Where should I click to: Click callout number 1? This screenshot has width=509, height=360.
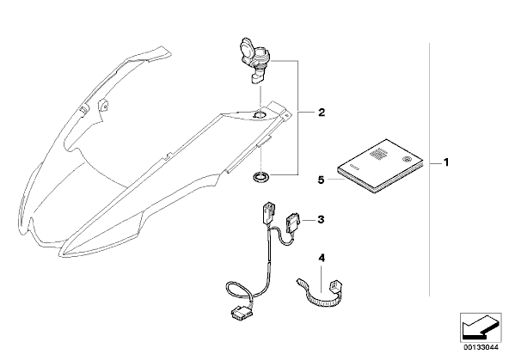tap(446, 162)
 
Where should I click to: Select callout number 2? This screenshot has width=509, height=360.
tap(322, 113)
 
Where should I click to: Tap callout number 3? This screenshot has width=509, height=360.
tap(321, 220)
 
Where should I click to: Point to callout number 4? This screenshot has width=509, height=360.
tap(322, 258)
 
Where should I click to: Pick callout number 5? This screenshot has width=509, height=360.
tap(321, 180)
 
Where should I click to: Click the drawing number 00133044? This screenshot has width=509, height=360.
tap(481, 347)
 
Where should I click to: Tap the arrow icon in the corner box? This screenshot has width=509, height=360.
tap(481, 326)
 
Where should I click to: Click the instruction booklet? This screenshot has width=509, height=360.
tap(380, 167)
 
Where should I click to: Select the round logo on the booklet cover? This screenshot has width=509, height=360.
tap(406, 159)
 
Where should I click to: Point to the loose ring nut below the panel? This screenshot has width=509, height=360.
tap(261, 177)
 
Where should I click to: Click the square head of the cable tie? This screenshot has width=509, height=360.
tap(334, 285)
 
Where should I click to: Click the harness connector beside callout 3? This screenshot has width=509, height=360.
tap(293, 223)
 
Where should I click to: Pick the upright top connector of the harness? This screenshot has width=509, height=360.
tap(268, 213)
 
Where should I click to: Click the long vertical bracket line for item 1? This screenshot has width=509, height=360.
tap(430, 169)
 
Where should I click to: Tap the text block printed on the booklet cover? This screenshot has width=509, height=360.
tap(377, 154)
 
